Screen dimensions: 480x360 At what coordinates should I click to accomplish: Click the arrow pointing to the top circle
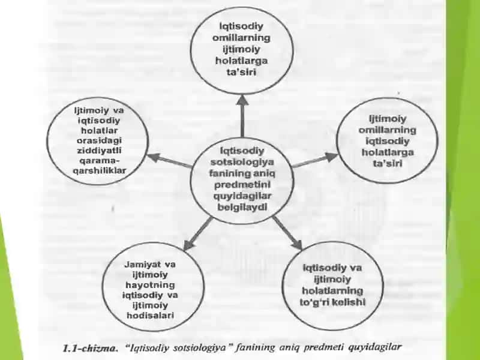242,116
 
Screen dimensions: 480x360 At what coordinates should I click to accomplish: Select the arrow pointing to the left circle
170,160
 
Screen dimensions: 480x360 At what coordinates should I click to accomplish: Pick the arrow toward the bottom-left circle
198,233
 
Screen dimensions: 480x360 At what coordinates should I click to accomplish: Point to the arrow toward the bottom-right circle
287,233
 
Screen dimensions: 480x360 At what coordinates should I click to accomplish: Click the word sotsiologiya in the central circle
242,162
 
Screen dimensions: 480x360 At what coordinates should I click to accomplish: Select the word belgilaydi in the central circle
242,207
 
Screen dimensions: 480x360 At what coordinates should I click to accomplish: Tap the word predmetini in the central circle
242,185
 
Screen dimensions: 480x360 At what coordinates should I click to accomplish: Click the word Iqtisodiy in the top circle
242,26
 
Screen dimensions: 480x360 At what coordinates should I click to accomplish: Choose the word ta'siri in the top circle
242,72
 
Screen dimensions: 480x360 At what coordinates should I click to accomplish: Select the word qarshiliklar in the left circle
100,170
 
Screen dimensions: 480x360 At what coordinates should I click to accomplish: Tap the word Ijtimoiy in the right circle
388,119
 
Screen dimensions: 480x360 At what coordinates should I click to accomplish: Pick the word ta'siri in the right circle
388,163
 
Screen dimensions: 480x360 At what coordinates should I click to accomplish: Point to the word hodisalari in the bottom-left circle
151,316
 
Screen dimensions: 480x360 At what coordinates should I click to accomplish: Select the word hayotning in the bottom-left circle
151,284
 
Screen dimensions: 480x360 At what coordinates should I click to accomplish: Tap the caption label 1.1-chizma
91,349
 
